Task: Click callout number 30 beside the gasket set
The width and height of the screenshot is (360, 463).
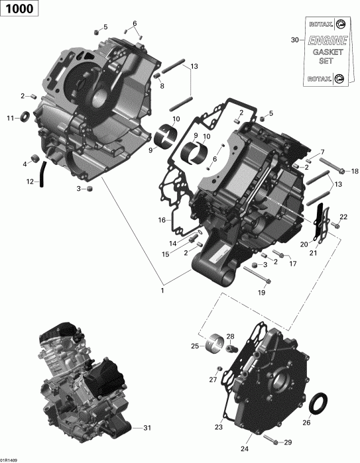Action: [x=295, y=40]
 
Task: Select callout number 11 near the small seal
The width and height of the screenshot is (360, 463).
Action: [x=10, y=119]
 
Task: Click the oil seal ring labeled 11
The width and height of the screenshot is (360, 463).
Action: [x=26, y=118]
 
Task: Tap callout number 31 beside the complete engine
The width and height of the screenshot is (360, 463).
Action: [x=147, y=427]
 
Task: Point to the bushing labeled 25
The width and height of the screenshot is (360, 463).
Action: [x=213, y=344]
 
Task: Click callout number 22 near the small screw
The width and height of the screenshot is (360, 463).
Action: [x=343, y=217]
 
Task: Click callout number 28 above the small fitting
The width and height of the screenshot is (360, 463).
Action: [x=231, y=336]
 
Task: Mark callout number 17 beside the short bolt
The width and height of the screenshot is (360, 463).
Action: [x=292, y=263]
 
